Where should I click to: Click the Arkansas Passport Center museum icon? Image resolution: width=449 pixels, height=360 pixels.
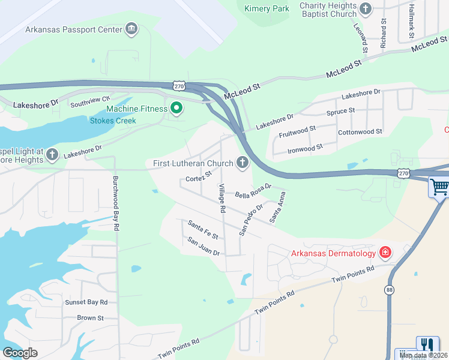tap(131, 29)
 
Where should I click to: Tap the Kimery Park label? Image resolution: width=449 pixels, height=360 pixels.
tap(267, 8)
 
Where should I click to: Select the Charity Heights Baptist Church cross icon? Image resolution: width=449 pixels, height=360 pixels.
tap(366, 9)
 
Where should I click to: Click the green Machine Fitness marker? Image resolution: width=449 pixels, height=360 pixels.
tap(176, 109)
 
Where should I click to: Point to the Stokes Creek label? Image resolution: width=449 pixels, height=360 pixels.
tap(113, 121)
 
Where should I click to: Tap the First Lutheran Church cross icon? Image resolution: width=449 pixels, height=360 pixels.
tap(243, 163)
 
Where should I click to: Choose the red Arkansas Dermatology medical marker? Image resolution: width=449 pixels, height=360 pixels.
tap(384, 253)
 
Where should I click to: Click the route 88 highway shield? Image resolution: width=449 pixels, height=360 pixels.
tap(390, 290)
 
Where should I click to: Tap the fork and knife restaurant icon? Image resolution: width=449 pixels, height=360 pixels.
tap(427, 345)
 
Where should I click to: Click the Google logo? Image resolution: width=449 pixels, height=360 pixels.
tap(20, 352)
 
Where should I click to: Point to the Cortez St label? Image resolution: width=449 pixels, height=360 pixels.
tap(199, 176)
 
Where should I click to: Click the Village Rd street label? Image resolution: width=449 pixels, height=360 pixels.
tap(221, 199)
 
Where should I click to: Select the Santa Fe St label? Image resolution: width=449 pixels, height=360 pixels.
tap(202, 230)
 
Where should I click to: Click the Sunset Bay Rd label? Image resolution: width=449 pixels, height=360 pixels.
tap(86, 302)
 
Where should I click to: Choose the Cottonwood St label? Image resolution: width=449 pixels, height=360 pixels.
tap(360, 131)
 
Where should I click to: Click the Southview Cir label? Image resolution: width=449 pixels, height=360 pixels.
tap(91, 102)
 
